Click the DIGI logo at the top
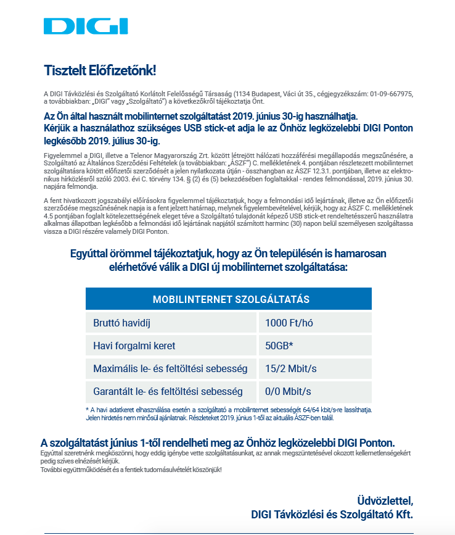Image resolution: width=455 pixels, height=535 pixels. [86, 27]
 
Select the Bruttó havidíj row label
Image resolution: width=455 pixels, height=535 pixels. [122, 323]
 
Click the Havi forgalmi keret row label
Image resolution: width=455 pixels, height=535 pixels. [134, 346]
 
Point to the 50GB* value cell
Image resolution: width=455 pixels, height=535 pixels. [279, 346]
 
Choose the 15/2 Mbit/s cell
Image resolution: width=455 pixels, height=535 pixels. [291, 369]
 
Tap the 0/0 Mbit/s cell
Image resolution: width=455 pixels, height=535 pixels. [288, 392]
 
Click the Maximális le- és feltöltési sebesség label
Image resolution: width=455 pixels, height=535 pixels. [170, 369]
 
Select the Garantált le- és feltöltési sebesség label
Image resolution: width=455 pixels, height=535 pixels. [168, 392]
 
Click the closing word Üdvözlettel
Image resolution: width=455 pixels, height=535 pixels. [385, 500]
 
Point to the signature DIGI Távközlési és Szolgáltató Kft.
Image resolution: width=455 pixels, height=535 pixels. [332, 514]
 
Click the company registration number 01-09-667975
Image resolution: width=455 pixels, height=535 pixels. [391, 93]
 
